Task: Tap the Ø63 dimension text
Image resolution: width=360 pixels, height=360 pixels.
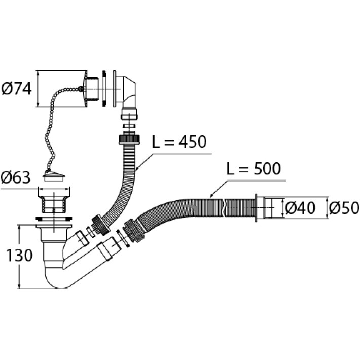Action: tap(16, 178)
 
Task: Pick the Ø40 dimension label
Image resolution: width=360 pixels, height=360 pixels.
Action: tap(300, 208)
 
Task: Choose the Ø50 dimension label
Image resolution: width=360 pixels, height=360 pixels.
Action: tap(344, 208)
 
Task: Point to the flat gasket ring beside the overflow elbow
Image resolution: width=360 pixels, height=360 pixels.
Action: tap(104, 89)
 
